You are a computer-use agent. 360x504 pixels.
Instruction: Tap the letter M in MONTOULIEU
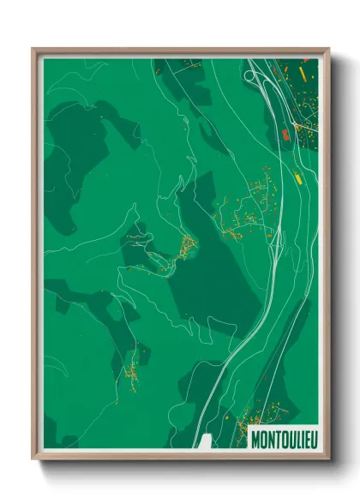point(255,439)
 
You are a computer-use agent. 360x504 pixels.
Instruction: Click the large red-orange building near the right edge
point(286,135)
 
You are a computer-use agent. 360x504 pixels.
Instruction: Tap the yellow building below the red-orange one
point(297,178)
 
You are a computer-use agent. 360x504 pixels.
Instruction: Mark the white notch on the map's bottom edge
point(203,441)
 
